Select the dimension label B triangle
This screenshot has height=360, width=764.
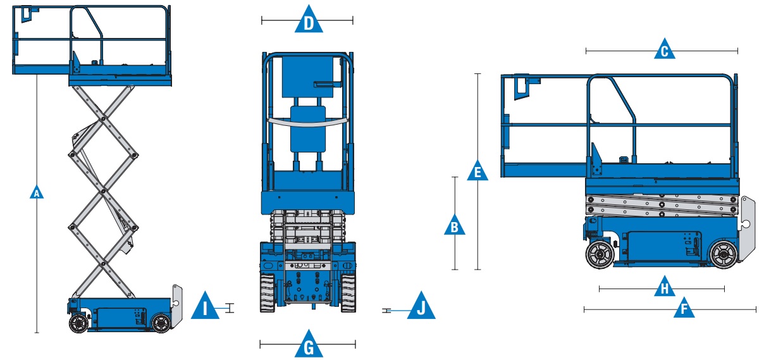pos(454,225)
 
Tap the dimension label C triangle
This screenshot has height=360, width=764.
pos(663,51)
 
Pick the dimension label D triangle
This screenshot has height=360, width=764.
pos(309,21)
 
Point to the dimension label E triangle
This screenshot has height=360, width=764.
pos(477,171)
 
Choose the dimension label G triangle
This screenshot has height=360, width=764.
pos(309,345)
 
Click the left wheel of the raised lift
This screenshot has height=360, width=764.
pos(78,323)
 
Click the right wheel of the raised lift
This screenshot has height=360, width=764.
pos(161,323)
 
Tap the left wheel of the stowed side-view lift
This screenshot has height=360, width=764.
pos(598,256)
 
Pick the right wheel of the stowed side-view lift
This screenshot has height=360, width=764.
pos(722,254)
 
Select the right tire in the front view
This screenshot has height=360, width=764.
pos(348,293)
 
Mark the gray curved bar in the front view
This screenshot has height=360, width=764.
pos(308,120)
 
